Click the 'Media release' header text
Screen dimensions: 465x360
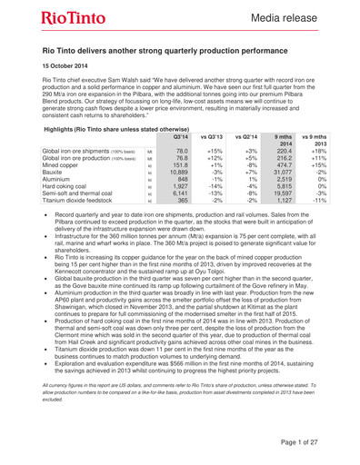pos(290,19)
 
